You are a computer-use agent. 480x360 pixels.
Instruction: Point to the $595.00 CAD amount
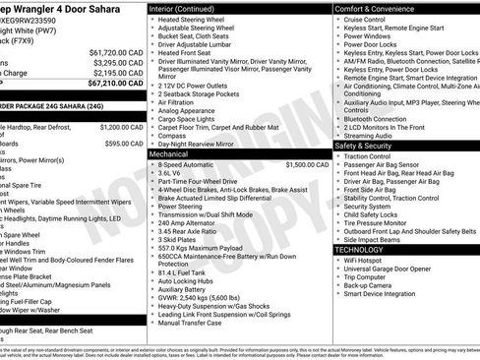pyautogui.click(x=124, y=143)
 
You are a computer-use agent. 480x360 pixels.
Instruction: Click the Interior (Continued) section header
pyautogui.click(x=187, y=8)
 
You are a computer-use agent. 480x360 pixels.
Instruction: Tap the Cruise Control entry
pyautogui.click(x=365, y=20)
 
